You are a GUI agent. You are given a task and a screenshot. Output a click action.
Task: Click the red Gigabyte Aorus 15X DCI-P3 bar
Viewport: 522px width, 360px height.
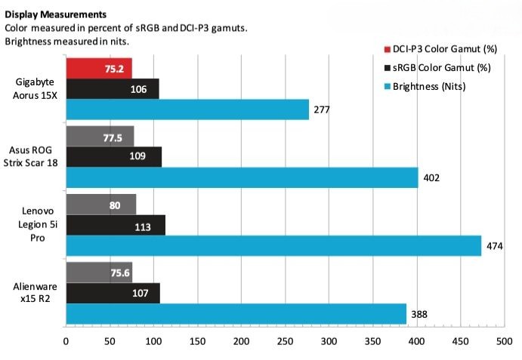[x=99, y=68]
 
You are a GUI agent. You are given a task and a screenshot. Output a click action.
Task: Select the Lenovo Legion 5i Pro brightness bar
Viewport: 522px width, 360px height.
[x=273, y=245]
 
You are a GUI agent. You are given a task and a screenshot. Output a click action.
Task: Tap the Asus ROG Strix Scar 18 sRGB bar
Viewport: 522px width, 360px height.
[x=114, y=157]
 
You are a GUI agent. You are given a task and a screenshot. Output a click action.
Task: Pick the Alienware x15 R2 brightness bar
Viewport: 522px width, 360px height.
[x=236, y=313]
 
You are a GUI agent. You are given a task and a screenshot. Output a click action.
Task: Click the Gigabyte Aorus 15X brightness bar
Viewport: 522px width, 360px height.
[x=187, y=109]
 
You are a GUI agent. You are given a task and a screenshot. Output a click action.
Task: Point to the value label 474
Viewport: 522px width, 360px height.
[x=495, y=246]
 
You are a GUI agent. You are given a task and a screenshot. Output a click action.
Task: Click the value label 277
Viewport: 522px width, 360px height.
[x=323, y=110]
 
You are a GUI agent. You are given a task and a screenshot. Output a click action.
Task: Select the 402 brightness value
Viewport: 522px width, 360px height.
[x=431, y=178]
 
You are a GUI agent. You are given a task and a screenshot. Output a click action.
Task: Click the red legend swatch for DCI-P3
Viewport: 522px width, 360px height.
[x=387, y=50]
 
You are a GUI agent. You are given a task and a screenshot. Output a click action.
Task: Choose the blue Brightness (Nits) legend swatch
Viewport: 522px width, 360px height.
[x=387, y=87]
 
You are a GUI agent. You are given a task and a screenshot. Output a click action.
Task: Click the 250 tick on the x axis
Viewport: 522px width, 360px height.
[x=285, y=341]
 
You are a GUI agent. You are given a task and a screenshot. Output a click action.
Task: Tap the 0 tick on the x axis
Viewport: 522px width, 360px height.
[x=66, y=341]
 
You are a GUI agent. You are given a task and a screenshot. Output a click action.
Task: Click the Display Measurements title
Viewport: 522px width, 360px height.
[x=55, y=14]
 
